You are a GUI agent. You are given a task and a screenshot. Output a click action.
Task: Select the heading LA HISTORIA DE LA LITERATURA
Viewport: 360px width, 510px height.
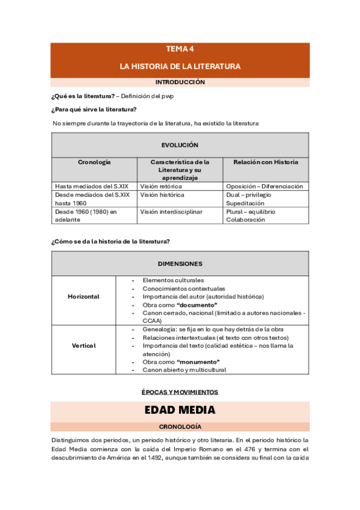[180, 66]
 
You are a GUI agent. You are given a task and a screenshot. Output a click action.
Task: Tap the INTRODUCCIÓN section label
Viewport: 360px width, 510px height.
[180, 82]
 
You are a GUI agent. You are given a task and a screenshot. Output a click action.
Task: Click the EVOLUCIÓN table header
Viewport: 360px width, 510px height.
[180, 146]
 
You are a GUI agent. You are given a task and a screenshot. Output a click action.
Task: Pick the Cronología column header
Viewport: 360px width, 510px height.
[94, 162]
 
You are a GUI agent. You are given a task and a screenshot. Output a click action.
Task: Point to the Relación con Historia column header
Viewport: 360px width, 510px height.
[265, 162]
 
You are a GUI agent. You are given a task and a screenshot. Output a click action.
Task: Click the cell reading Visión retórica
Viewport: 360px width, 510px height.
[161, 186]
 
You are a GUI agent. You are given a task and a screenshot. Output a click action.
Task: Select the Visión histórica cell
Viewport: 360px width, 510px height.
[162, 195]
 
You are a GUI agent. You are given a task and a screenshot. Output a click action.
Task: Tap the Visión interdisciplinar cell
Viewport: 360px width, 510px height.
[171, 212]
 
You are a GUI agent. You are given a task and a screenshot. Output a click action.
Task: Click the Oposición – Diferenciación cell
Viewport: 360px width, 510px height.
[264, 186]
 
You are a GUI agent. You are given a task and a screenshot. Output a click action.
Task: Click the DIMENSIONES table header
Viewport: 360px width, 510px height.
[180, 264]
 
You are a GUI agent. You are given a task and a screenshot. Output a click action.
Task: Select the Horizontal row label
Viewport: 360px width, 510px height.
[84, 296]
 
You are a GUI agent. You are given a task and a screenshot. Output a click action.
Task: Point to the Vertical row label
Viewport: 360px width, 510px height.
[84, 346]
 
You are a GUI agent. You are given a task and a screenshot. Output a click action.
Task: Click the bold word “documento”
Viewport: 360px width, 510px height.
[197, 305]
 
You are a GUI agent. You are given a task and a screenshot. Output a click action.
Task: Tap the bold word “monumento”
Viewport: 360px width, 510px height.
[198, 362]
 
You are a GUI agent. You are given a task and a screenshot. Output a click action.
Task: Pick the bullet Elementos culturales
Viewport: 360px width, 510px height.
[173, 280]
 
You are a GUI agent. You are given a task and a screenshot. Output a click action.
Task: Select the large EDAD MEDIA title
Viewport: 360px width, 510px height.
[180, 411]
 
